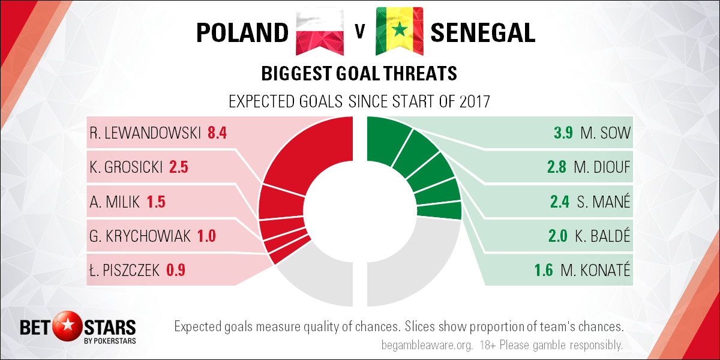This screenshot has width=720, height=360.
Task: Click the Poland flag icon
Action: (x=319, y=31)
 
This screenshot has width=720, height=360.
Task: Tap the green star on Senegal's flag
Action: (x=400, y=29)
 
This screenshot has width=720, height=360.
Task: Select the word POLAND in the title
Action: (x=242, y=32)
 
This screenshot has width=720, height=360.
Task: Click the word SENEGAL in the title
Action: (x=483, y=32)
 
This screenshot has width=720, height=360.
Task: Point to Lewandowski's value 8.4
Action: (x=217, y=133)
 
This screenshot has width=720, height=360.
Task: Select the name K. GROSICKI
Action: (x=126, y=167)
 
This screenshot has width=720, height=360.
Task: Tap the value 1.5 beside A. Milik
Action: (x=156, y=202)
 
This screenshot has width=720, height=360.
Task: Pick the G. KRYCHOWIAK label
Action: (x=140, y=236)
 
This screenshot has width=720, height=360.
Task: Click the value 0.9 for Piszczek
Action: (x=176, y=270)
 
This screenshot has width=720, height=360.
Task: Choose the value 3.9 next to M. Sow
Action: (x=563, y=133)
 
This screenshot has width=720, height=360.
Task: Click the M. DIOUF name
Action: (x=602, y=167)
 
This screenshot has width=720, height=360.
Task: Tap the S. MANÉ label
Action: (x=604, y=201)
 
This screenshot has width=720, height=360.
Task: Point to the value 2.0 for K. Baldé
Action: (x=557, y=236)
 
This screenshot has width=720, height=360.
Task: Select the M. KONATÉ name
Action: (x=595, y=269)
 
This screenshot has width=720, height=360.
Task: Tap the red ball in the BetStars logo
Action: (x=68, y=326)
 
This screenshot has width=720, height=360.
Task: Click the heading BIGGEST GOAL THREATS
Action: (x=359, y=73)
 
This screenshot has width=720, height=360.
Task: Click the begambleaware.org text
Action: (x=427, y=346)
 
